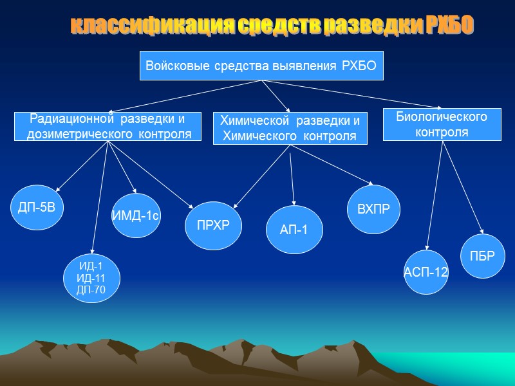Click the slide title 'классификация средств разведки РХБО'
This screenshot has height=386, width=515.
(x=271, y=25)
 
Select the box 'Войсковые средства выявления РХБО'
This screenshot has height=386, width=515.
(x=261, y=66)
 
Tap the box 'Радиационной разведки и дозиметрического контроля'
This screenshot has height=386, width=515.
(x=108, y=126)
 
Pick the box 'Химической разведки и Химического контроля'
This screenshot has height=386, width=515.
(x=290, y=128)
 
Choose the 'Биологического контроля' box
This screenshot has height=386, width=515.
(x=442, y=124)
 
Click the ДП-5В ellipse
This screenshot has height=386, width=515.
(x=37, y=207)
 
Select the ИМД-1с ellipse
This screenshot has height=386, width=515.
(x=135, y=216)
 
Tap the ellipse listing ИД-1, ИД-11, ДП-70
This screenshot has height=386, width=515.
(x=91, y=278)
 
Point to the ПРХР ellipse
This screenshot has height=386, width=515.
(x=212, y=225)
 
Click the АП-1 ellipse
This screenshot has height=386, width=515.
(x=295, y=230)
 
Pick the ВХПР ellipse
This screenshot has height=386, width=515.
(x=373, y=210)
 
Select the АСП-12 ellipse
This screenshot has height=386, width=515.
(x=426, y=272)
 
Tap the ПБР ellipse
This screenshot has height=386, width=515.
(x=483, y=256)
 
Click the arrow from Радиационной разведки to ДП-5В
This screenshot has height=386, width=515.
(x=82, y=166)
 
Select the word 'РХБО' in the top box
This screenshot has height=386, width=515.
(x=357, y=66)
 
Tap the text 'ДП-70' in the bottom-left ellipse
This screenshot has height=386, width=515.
(x=91, y=289)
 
